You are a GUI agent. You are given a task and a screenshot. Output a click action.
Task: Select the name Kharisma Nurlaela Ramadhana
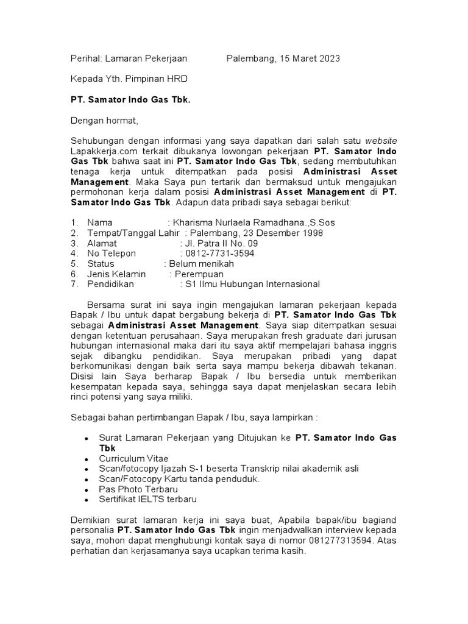247,223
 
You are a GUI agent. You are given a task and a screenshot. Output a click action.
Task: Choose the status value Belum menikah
202,264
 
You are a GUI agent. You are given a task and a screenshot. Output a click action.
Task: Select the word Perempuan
199,274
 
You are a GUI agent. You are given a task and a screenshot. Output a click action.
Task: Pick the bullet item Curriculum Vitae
133,458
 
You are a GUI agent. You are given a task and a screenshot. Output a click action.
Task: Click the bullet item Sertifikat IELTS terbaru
148,499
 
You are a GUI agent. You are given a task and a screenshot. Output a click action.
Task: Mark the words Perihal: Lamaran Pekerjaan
129,58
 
